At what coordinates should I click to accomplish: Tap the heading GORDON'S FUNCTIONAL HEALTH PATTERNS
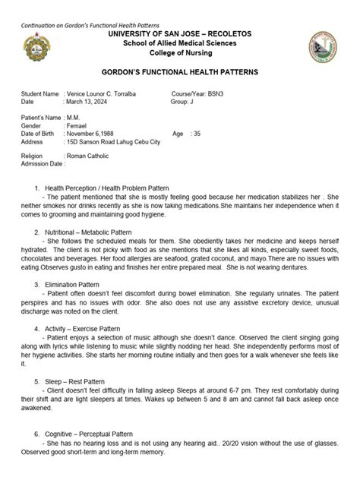click(180, 71)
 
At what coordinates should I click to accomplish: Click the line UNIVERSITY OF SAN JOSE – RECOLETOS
click(180, 35)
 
